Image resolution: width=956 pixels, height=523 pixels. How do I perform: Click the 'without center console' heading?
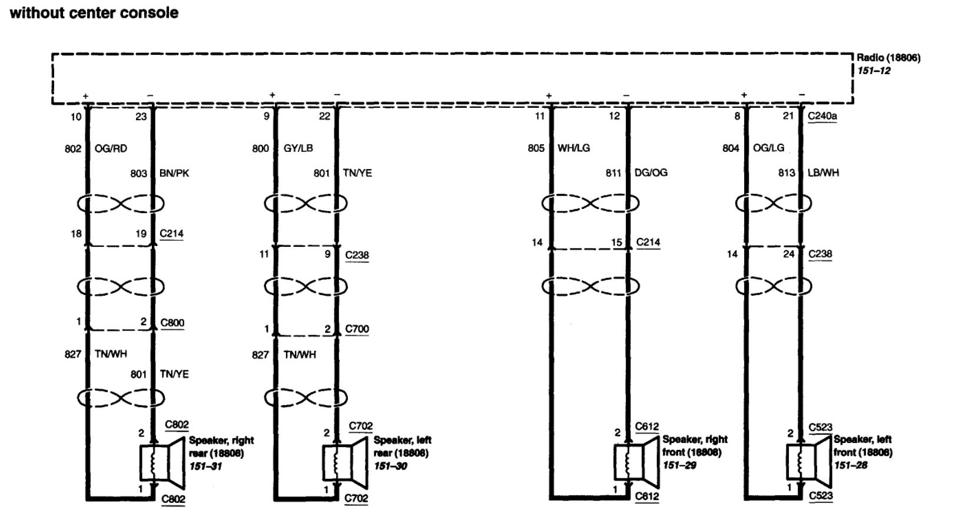pos(94,12)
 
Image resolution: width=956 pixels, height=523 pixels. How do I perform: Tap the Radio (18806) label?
pos(888,58)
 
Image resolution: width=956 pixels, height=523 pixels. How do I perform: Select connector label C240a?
pos(822,116)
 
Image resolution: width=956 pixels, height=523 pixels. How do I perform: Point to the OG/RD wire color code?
pos(111,148)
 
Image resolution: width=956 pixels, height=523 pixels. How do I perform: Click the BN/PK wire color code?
pos(174,173)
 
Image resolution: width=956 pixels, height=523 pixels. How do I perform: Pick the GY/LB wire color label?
pos(298,148)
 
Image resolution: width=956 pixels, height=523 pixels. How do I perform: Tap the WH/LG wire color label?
pos(573,148)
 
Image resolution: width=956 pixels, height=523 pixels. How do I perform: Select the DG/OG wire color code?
pos(651,173)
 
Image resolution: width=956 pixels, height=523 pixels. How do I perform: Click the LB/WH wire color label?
pos(823,173)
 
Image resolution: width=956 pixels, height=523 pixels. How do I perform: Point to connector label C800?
pos(172,323)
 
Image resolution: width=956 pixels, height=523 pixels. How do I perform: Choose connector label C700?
pos(357,329)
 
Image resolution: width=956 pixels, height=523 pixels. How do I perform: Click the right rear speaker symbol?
pos(162,463)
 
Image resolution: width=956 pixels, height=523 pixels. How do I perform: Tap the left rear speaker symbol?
pos(345,463)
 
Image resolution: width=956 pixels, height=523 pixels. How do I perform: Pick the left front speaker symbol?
pos(809,462)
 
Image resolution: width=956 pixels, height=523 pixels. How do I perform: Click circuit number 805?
pos(536,148)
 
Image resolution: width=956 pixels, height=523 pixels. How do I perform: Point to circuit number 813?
pos(786,173)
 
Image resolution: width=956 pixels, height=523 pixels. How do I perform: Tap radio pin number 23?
pos(141,117)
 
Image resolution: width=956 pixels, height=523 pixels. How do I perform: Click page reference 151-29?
pos(679,465)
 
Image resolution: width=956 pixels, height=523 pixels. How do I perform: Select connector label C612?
pos(647,426)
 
